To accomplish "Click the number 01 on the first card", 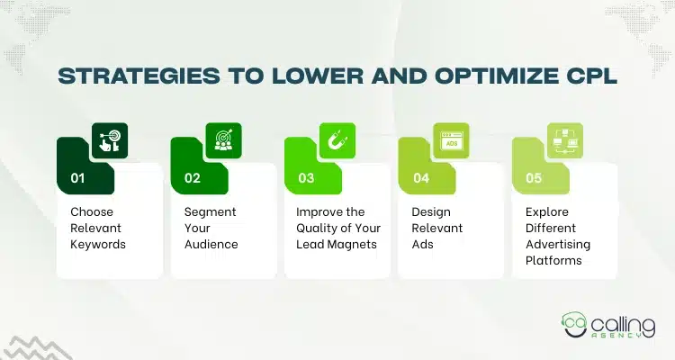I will click(x=78, y=178).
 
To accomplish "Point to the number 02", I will click(x=192, y=178).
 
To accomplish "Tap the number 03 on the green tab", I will click(x=306, y=178).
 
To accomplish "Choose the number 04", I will click(x=420, y=178).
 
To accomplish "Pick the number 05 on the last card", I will click(x=534, y=178).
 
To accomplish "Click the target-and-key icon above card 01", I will click(x=109, y=140).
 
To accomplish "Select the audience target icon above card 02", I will click(x=223, y=140).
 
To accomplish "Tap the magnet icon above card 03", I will click(x=337, y=140).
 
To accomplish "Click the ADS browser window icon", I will click(x=451, y=140).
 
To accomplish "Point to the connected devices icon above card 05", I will click(x=565, y=140).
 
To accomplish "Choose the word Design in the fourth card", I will click(x=430, y=211).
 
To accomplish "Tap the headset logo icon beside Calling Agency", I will click(x=577, y=321).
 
